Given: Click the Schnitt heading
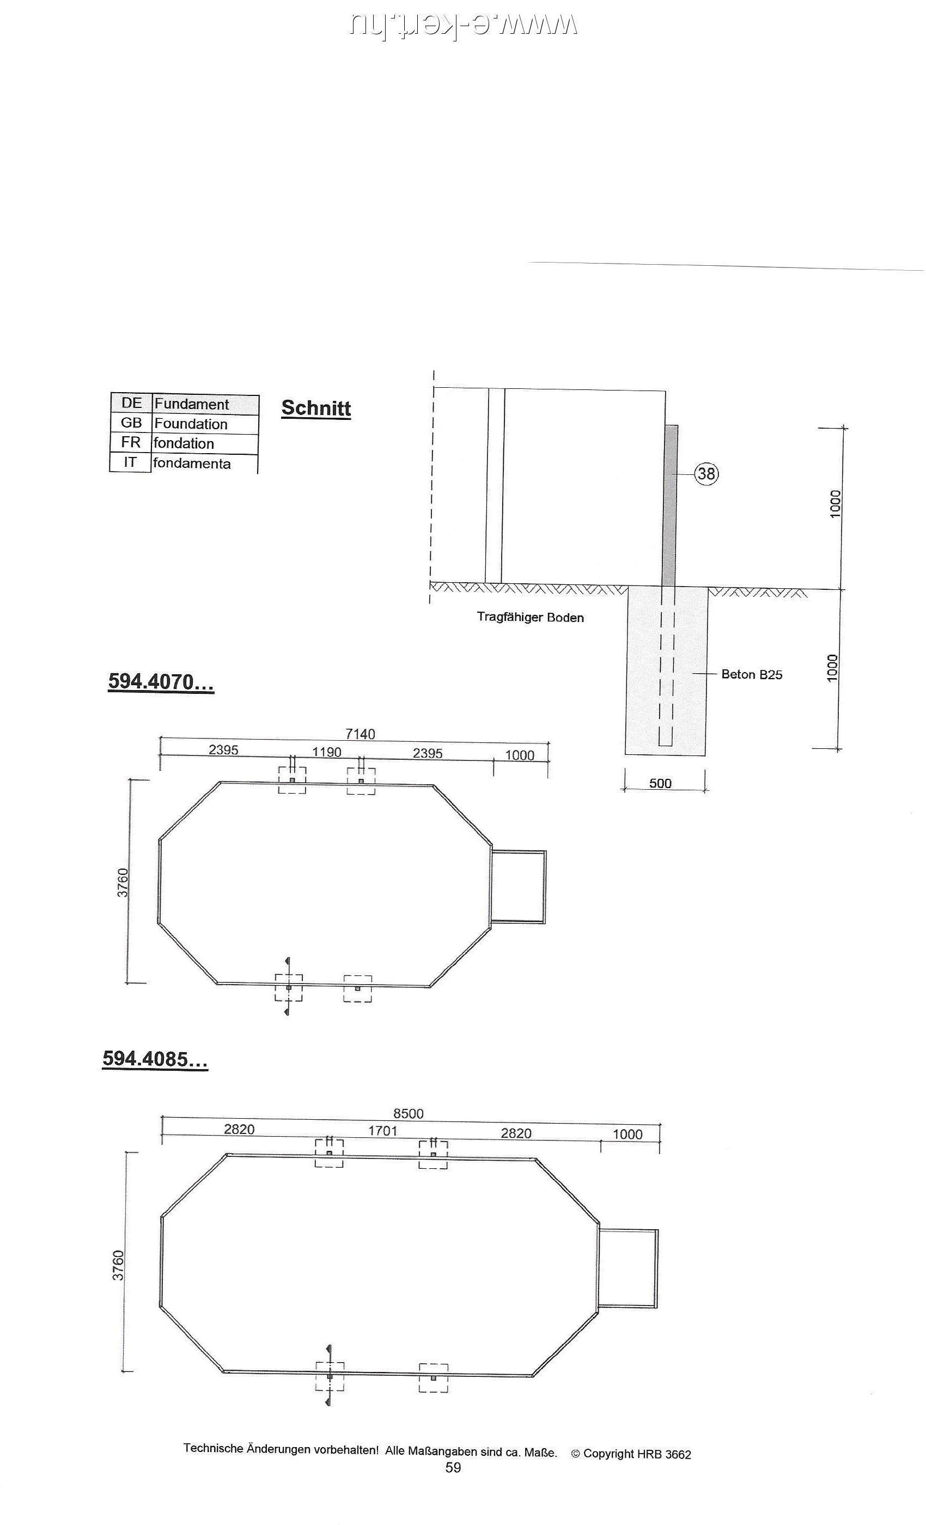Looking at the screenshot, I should (316, 408).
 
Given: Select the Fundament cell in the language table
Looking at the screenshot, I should (191, 404).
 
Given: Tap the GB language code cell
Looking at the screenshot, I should (131, 423).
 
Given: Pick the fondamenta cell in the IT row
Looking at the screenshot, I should (191, 463).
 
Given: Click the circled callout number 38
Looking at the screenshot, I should (705, 474).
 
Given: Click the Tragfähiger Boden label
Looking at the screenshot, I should (530, 617).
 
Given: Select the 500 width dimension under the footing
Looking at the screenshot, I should (660, 783).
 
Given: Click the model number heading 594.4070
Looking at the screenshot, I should (161, 681).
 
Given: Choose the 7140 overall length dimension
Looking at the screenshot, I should (360, 734).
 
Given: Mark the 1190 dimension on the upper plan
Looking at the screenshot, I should (326, 752).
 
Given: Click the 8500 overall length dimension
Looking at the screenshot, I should (409, 1113).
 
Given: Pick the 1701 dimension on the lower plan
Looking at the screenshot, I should (382, 1131).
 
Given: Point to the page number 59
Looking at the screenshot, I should (453, 1467).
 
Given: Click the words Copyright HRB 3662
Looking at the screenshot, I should (636, 1454).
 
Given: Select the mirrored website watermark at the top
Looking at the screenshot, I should (463, 25).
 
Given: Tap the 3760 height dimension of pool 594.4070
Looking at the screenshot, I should (123, 882).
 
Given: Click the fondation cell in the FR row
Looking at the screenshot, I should (184, 443).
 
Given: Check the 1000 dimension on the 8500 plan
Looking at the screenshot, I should (627, 1134).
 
